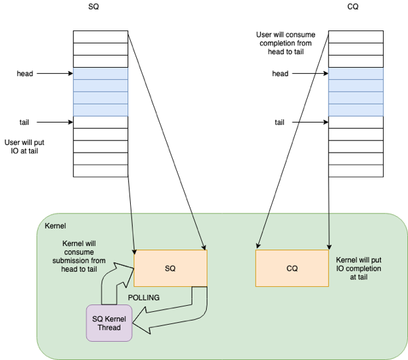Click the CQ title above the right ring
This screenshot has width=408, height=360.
[352, 6]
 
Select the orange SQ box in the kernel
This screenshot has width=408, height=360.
[170, 268]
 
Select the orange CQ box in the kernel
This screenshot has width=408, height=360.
[291, 268]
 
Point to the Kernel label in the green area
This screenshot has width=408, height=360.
[56, 224]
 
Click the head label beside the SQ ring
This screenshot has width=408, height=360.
[25, 73]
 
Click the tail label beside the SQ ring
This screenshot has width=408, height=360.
[24, 123]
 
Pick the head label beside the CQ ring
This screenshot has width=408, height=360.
[281, 73]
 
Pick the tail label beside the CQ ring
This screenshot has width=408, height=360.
[279, 123]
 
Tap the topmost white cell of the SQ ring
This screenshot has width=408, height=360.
[100, 37]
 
